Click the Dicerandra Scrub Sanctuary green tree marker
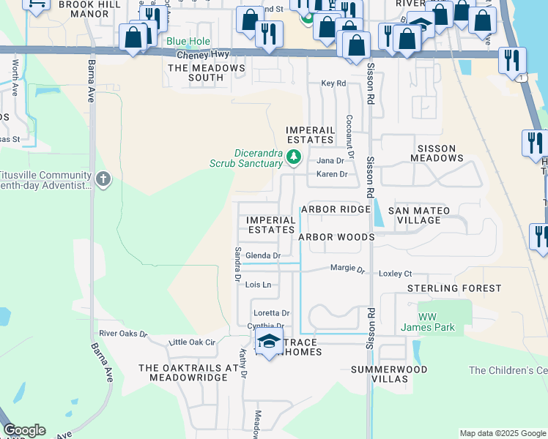point(294,157)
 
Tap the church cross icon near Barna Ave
point(103,179)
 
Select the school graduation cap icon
point(269,342)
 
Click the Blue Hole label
point(188,42)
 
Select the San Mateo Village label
point(426,215)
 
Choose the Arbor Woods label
point(336,237)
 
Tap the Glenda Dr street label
point(263,255)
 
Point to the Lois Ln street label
point(258,285)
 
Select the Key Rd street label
point(333,83)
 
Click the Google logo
point(24,430)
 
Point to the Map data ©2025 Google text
point(502,433)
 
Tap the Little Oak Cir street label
point(192,342)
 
